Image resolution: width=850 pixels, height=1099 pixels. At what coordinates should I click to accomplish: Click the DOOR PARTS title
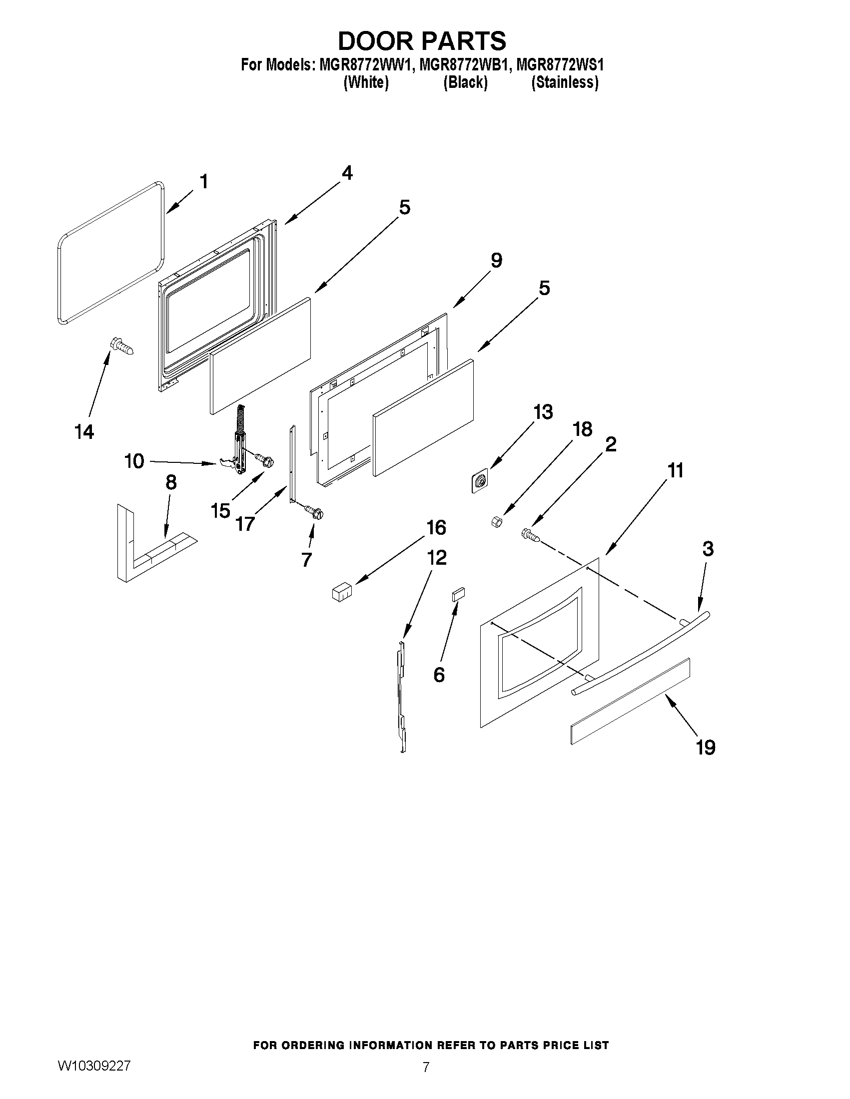(x=421, y=41)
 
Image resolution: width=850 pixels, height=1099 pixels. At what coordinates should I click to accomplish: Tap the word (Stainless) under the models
(x=565, y=82)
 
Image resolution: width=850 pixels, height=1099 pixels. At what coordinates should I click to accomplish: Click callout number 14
(x=84, y=432)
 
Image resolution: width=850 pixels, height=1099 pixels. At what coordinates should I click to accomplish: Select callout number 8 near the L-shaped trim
(x=171, y=482)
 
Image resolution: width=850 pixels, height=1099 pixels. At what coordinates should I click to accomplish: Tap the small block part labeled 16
(x=341, y=591)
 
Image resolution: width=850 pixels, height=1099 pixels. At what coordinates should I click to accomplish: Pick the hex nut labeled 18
(x=495, y=522)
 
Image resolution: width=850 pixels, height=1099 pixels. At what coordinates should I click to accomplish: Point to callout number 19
(x=706, y=747)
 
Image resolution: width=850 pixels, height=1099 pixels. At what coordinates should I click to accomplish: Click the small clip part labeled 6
(x=458, y=594)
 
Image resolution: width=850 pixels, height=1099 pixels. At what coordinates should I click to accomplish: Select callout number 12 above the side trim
(x=437, y=558)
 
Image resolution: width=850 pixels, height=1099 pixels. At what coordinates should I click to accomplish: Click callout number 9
(x=496, y=261)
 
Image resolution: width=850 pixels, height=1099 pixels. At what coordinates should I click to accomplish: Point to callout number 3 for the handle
(x=708, y=549)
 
